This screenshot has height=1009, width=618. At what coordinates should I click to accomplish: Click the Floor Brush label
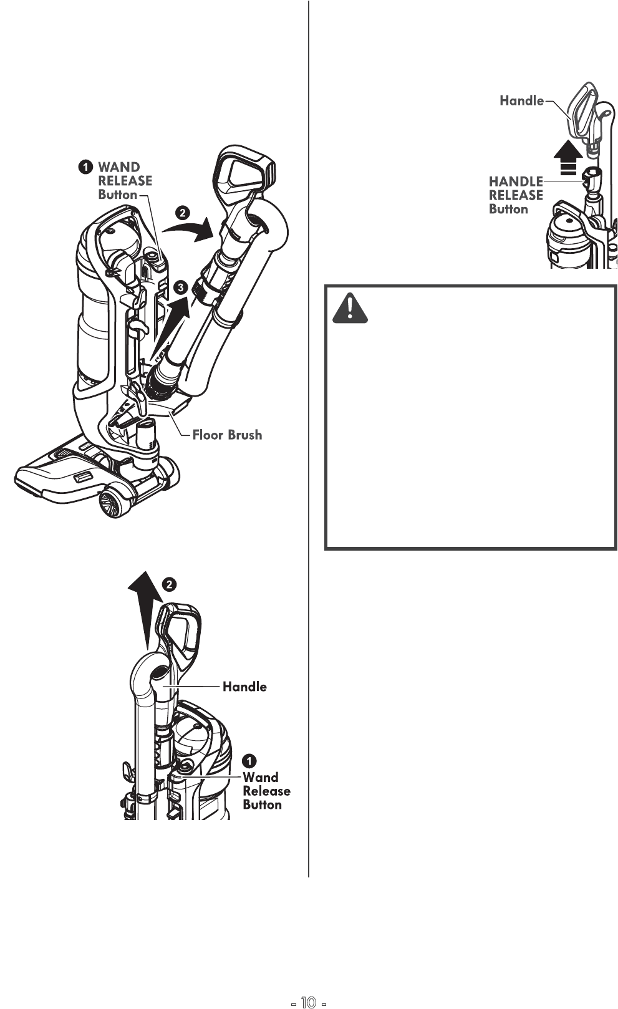[x=227, y=435]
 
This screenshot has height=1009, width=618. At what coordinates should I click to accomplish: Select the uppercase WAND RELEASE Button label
[x=125, y=181]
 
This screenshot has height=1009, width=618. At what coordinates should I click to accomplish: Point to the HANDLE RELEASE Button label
[x=516, y=195]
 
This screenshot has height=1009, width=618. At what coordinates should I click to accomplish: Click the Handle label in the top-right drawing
[x=521, y=100]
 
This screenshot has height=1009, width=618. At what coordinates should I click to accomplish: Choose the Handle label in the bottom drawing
[x=244, y=687]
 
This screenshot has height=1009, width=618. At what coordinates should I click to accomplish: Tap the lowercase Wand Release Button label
[x=266, y=791]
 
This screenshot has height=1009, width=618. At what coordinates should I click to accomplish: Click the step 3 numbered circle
[x=180, y=287]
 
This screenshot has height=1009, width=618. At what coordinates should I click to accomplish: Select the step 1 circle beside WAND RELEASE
[x=85, y=167]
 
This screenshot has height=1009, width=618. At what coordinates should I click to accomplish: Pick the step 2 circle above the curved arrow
[x=182, y=212]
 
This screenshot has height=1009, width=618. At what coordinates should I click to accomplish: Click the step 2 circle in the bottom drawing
[x=170, y=584]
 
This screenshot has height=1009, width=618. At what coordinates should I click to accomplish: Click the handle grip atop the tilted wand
[x=244, y=171]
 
